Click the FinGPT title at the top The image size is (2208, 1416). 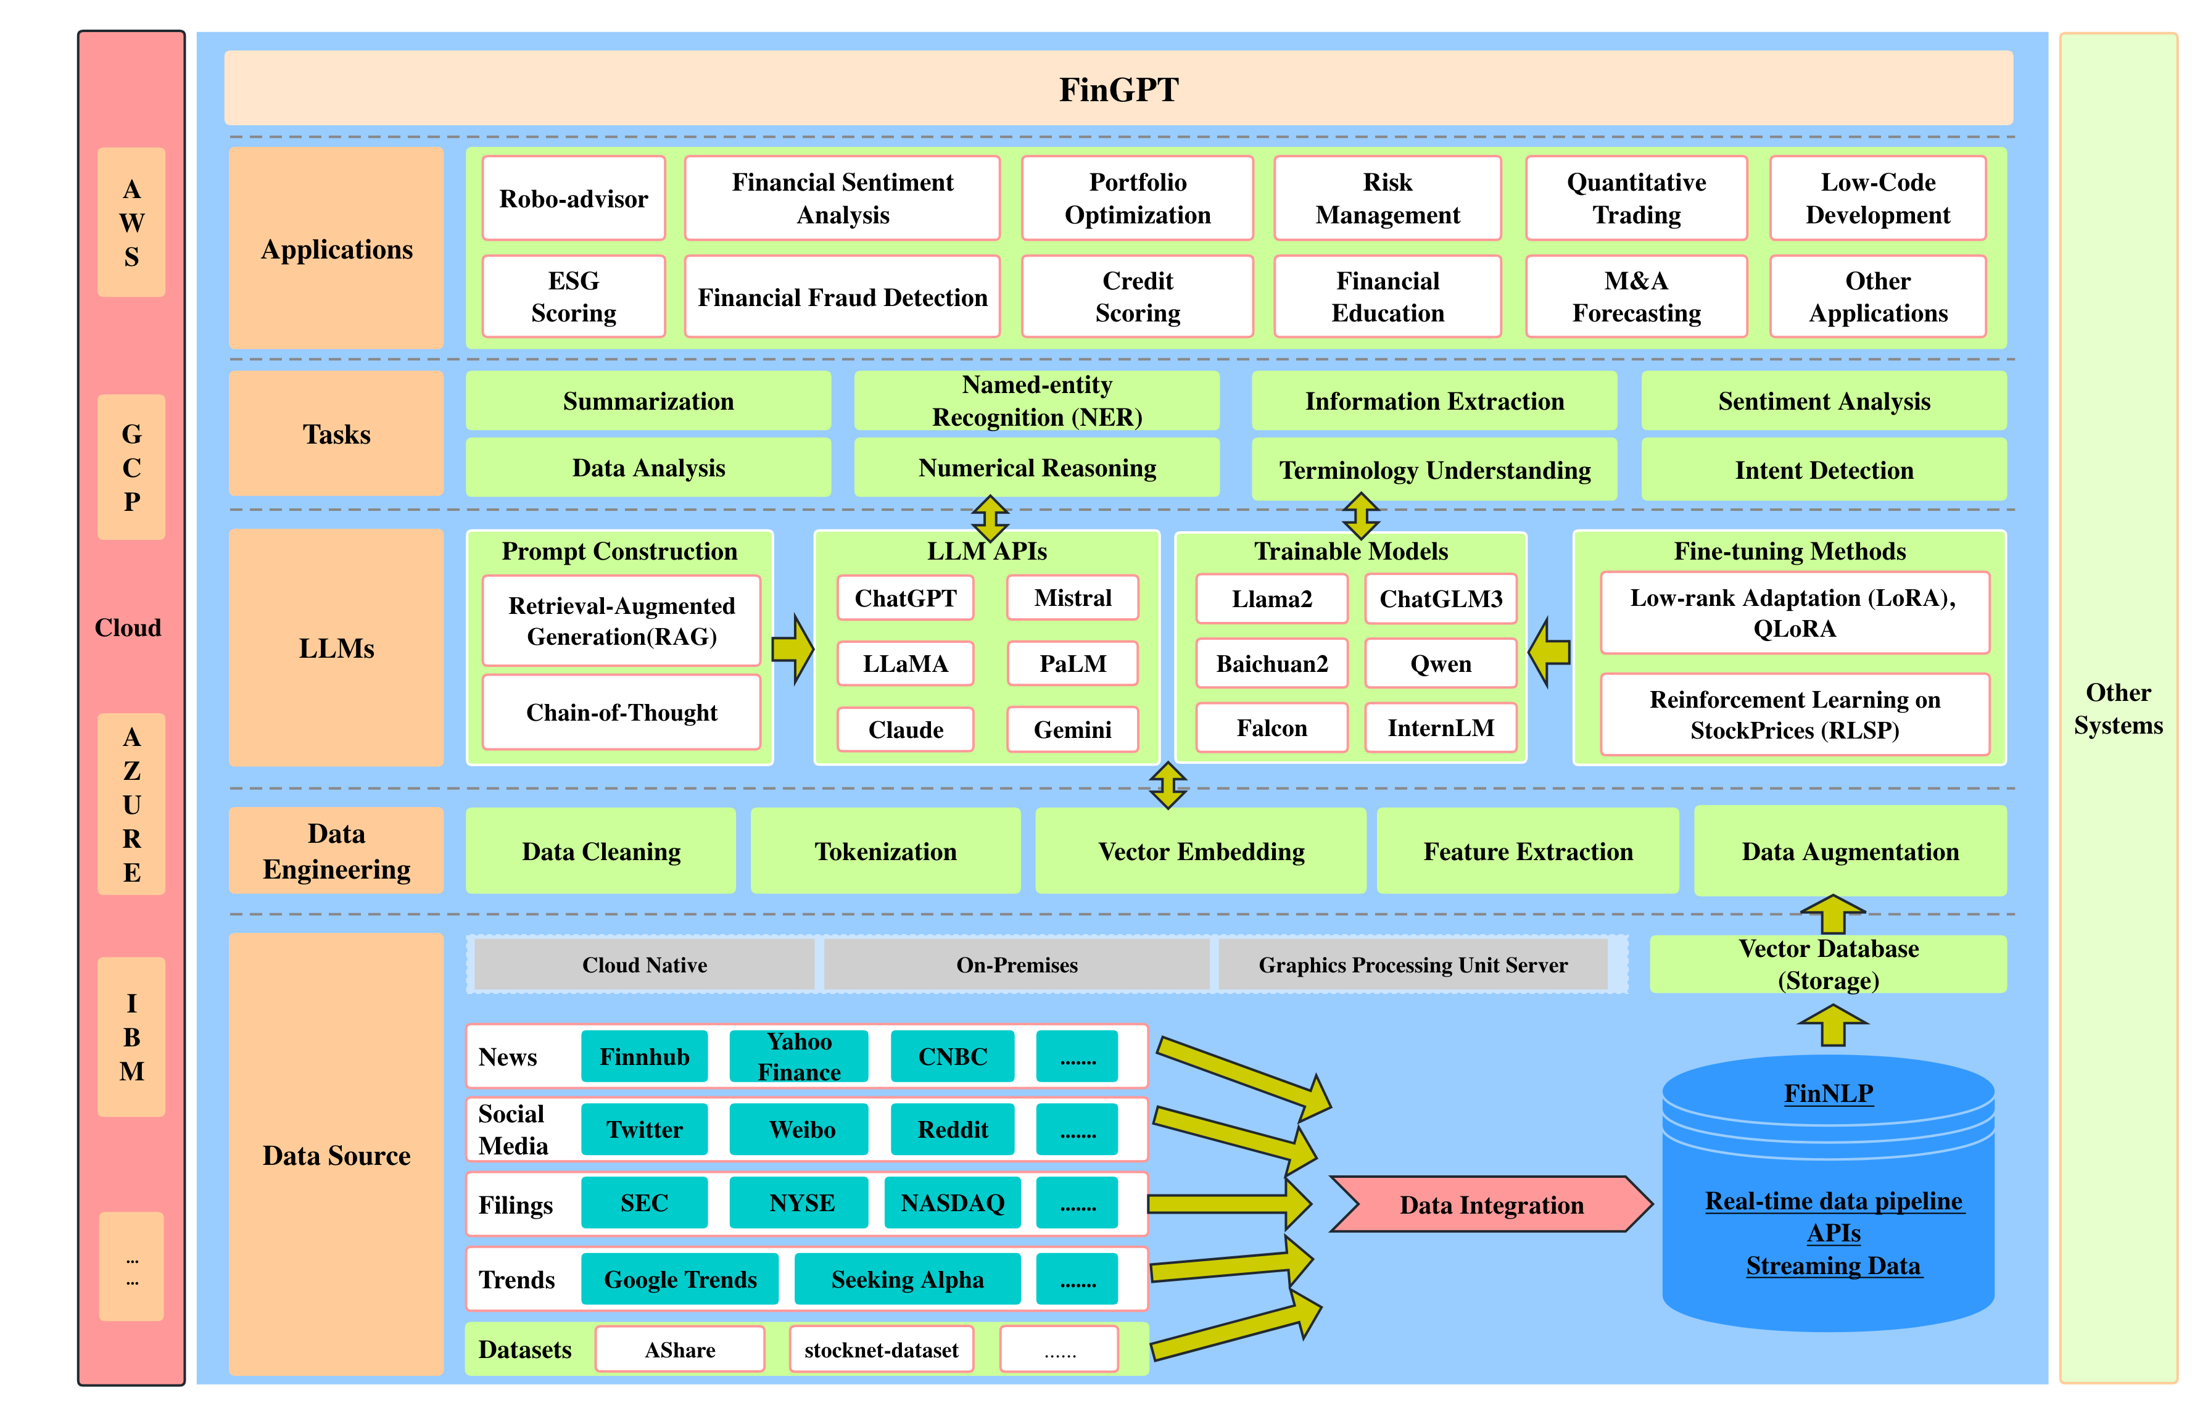(x=1118, y=89)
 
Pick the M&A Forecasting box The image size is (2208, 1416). (x=1635, y=297)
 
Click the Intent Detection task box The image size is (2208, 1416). (x=1823, y=470)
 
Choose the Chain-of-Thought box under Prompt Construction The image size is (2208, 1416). (x=621, y=713)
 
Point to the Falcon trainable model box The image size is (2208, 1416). (x=1271, y=728)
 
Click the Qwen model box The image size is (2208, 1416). (x=1441, y=664)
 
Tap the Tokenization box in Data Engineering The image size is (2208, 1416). (x=885, y=851)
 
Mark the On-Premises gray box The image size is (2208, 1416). (x=1017, y=964)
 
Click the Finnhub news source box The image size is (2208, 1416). (x=644, y=1056)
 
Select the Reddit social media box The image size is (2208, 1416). (x=953, y=1130)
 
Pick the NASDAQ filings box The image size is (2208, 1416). (x=953, y=1204)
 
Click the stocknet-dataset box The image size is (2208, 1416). (x=880, y=1350)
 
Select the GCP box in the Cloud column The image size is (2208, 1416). (x=131, y=467)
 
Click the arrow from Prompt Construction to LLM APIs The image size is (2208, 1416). (x=792, y=649)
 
